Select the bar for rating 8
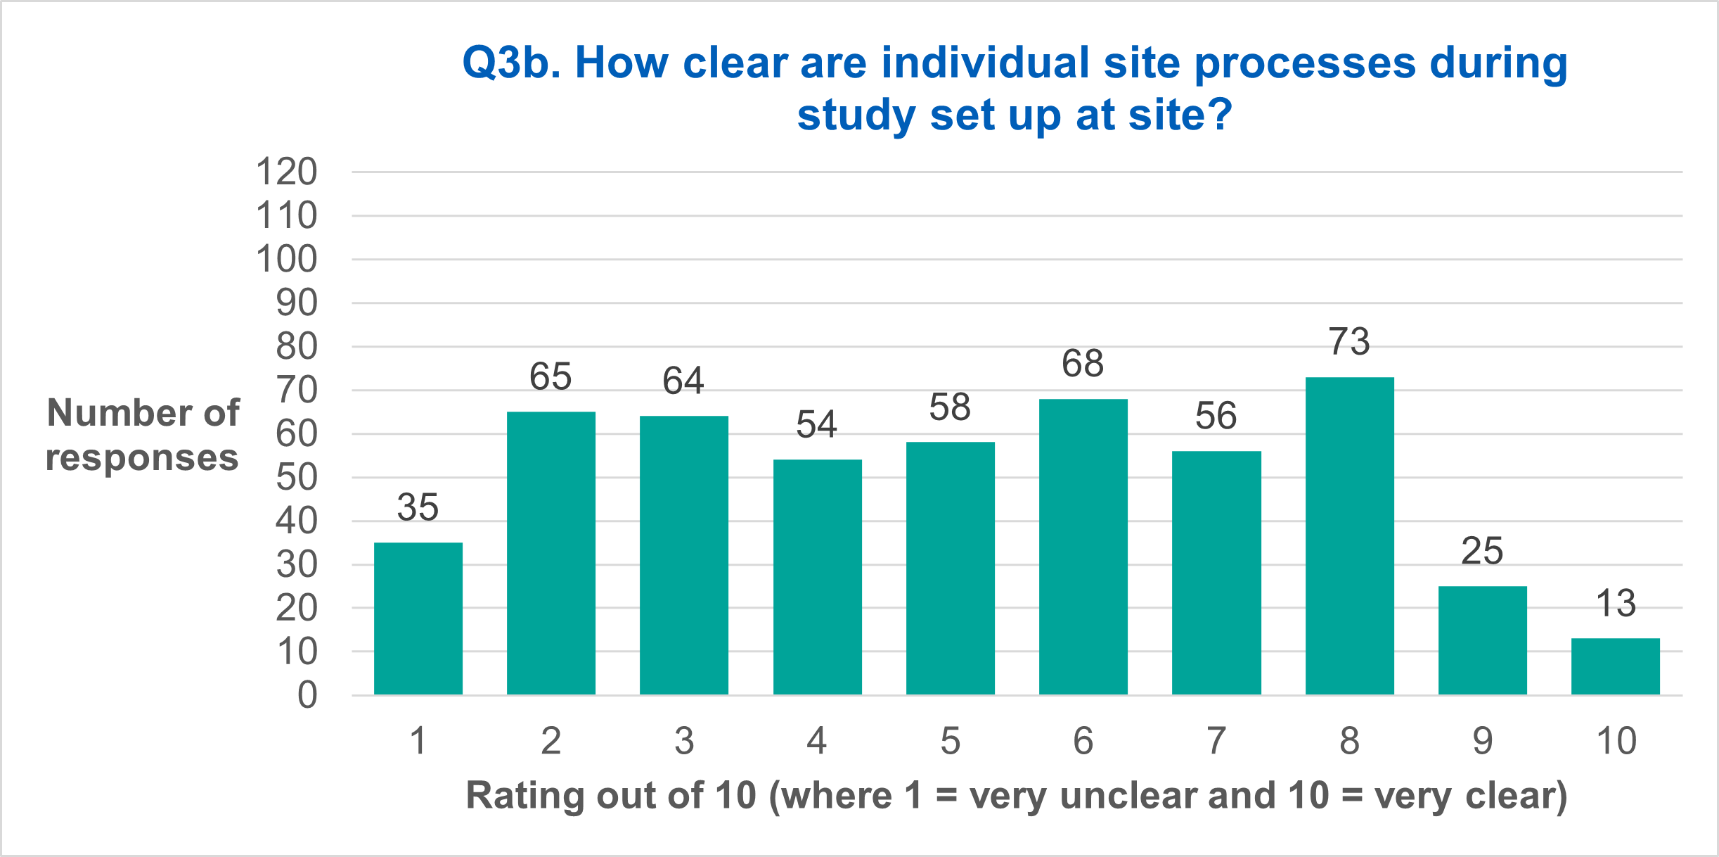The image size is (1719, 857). [x=1349, y=536]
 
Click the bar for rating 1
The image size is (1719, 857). [x=418, y=618]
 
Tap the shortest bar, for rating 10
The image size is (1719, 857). [x=1616, y=666]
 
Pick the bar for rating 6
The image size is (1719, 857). [x=1083, y=547]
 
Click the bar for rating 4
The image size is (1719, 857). [x=817, y=577]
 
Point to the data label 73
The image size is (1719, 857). [x=1349, y=342]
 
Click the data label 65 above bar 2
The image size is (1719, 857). [x=551, y=376]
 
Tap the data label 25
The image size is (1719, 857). [x=1482, y=551]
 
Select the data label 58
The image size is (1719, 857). [x=950, y=407]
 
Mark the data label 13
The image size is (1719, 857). [x=1616, y=604]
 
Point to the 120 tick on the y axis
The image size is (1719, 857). [x=287, y=172]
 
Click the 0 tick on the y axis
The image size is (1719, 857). [x=307, y=695]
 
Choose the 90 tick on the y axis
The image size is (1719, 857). [x=297, y=303]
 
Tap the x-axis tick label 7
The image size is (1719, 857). [x=1216, y=741]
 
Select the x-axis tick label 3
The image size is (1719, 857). [x=684, y=741]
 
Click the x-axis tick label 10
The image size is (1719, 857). [x=1616, y=741]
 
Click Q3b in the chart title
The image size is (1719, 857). [x=511, y=63]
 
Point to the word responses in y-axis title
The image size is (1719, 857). [x=142, y=458]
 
